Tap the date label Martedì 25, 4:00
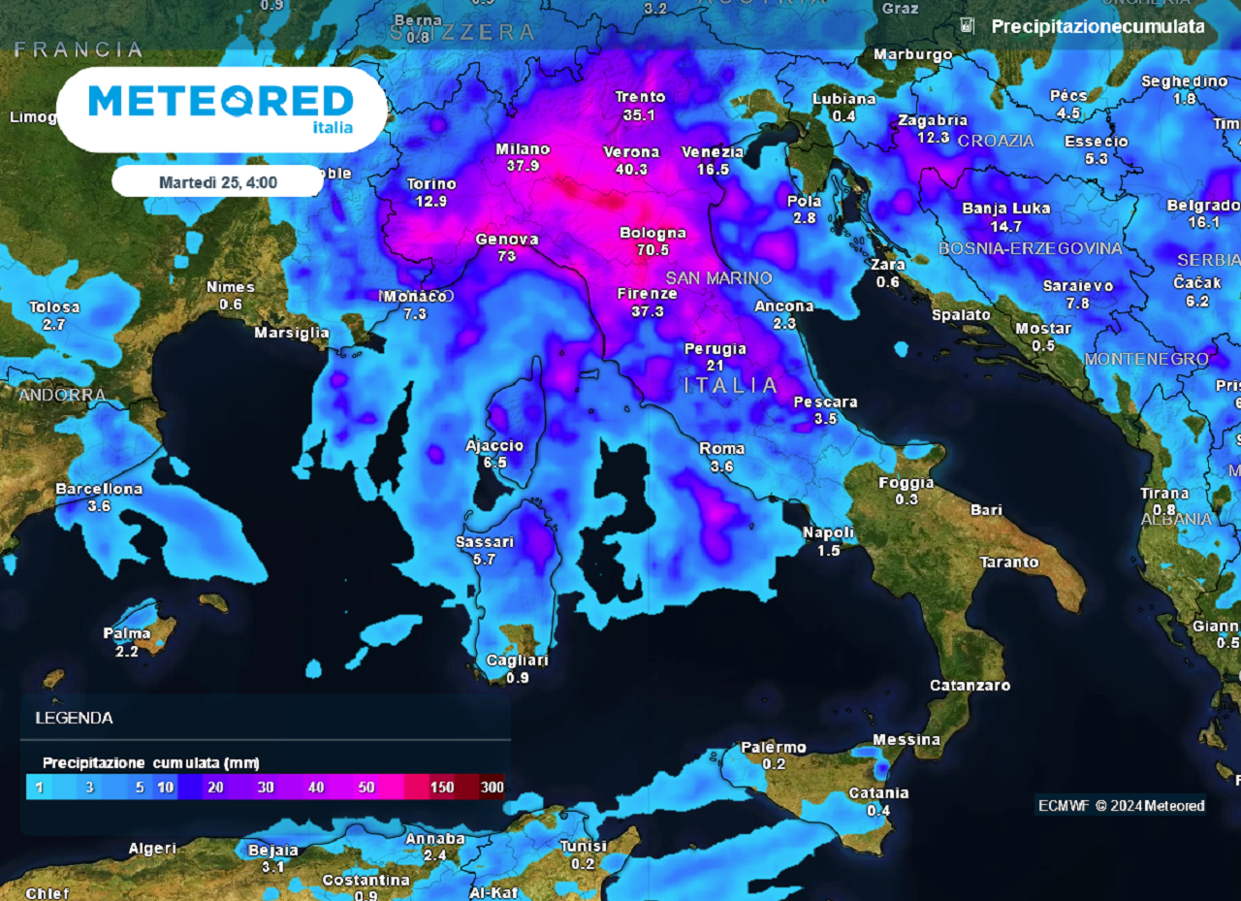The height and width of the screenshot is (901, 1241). pyautogui.click(x=218, y=181)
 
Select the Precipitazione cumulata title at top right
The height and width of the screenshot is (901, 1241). pyautogui.click(x=1098, y=27)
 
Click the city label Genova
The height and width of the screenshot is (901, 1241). pyautogui.click(x=506, y=240)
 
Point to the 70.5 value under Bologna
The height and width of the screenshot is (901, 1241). pyautogui.click(x=652, y=249)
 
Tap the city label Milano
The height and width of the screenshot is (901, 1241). pyautogui.click(x=523, y=149)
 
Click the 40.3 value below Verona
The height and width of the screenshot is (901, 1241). pyautogui.click(x=631, y=169)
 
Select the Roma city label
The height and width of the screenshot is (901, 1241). pyautogui.click(x=721, y=448)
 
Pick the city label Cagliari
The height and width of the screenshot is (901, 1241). pyautogui.click(x=518, y=660)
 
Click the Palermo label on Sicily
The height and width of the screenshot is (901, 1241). pyautogui.click(x=774, y=747)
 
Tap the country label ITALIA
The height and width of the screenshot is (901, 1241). pyautogui.click(x=730, y=385)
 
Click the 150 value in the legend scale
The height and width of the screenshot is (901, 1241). pyautogui.click(x=442, y=787)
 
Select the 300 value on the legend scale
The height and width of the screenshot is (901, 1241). pyautogui.click(x=493, y=787)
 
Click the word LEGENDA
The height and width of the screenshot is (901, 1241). pyautogui.click(x=74, y=719)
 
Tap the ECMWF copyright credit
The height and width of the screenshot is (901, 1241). pyautogui.click(x=1121, y=805)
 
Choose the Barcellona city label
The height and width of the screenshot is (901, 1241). pyautogui.click(x=99, y=489)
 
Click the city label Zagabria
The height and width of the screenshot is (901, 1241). pyautogui.click(x=933, y=120)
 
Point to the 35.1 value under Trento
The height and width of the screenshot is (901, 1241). pyautogui.click(x=640, y=114)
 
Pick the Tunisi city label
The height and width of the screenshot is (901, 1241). pyautogui.click(x=583, y=847)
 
